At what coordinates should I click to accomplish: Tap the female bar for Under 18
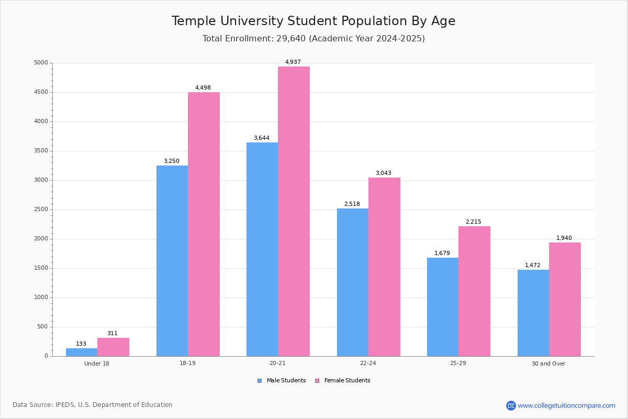[x=113, y=347]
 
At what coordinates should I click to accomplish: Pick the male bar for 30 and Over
[x=533, y=313]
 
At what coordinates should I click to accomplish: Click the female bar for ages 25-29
[x=474, y=291]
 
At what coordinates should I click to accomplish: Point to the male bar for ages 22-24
[x=353, y=282]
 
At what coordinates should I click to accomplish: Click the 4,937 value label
[x=293, y=62]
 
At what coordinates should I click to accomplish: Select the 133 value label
[x=81, y=344]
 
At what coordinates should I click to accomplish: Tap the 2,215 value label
[x=474, y=222]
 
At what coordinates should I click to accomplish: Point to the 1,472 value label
[x=533, y=266]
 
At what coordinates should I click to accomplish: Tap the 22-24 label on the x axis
[x=368, y=363]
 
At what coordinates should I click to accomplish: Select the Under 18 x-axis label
[x=97, y=363]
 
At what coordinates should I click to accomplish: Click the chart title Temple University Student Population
[x=313, y=21]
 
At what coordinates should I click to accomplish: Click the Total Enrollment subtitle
[x=313, y=39]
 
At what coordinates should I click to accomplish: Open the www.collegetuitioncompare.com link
[x=566, y=405]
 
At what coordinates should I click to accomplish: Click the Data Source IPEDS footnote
[x=93, y=405]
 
